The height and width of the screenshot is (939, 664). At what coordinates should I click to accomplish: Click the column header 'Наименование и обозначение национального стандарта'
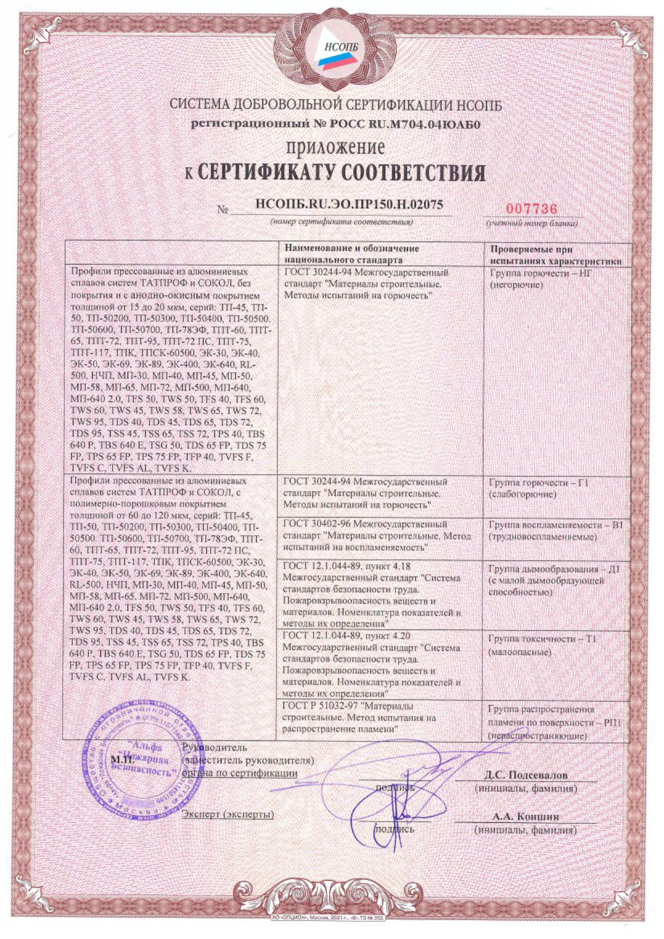352,254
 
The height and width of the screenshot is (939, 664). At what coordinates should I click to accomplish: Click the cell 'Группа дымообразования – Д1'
554,569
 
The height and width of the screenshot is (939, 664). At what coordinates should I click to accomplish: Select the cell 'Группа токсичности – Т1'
542,639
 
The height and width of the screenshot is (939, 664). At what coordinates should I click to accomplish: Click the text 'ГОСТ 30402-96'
317,524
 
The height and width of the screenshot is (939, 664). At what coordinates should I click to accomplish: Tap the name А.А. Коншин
525,817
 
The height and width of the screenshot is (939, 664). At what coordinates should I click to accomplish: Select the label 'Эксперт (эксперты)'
228,814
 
